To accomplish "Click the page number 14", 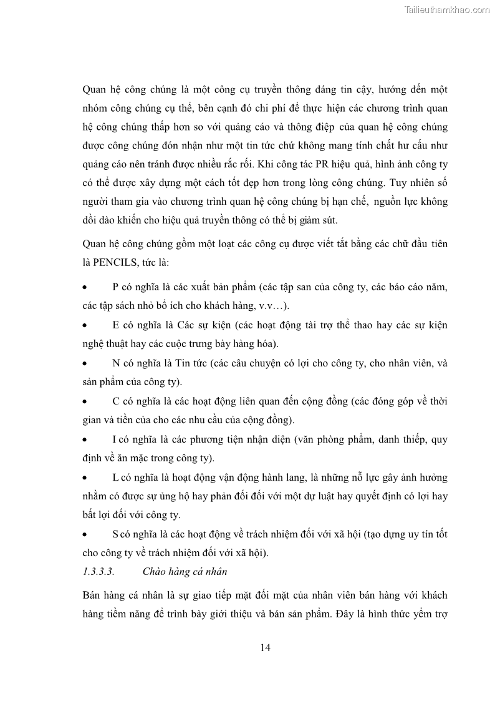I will (265, 647).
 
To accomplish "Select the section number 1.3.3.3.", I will (98, 571).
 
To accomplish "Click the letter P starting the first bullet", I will (115, 287).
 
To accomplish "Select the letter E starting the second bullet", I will (116, 325).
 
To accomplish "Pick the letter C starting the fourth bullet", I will (116, 401).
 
